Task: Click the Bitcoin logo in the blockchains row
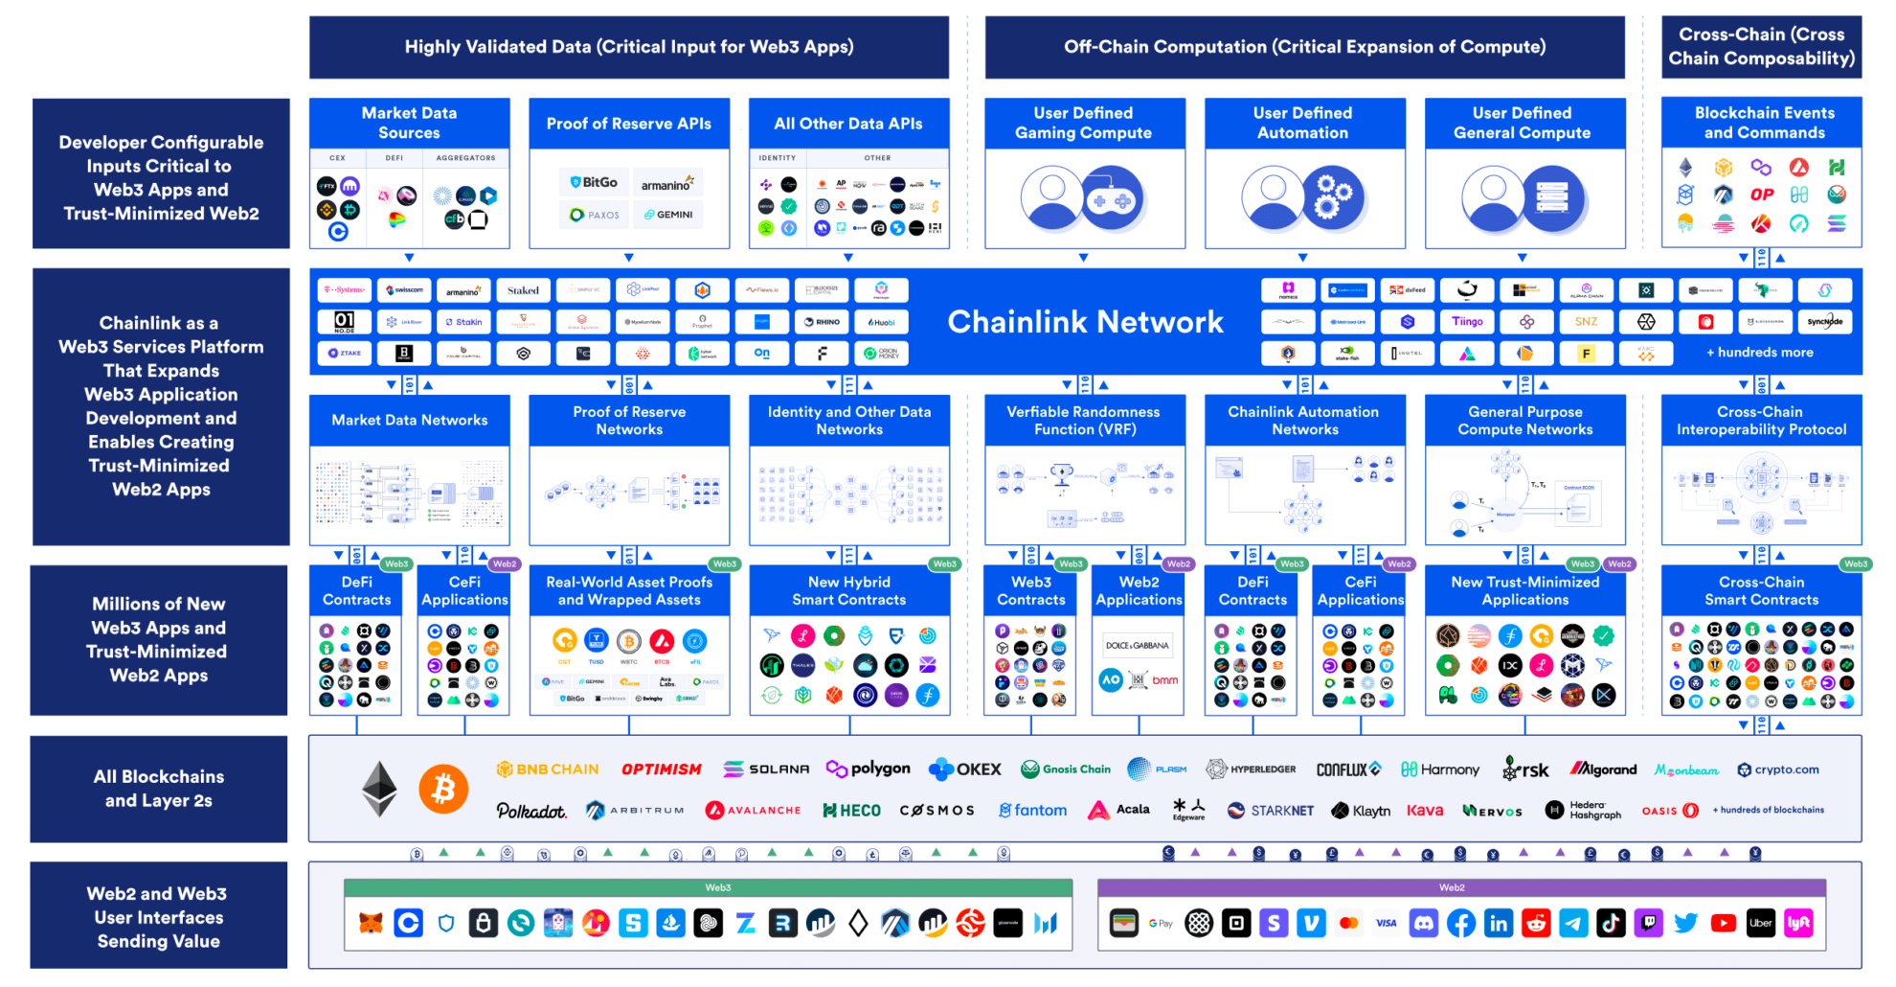443,789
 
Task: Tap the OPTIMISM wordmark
661,769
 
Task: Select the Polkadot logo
531,811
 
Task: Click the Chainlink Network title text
1085,322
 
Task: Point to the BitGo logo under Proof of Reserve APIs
594,182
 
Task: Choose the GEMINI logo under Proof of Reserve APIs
668,215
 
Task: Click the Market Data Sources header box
410,123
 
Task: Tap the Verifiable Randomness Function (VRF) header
1084,421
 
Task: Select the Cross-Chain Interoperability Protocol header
1761,421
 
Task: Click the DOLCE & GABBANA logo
1138,646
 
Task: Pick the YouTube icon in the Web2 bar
1724,923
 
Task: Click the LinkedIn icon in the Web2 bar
1499,923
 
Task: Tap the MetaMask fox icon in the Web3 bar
371,923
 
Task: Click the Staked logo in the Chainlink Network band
523,290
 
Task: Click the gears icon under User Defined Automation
1333,198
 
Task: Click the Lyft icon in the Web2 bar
1798,923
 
